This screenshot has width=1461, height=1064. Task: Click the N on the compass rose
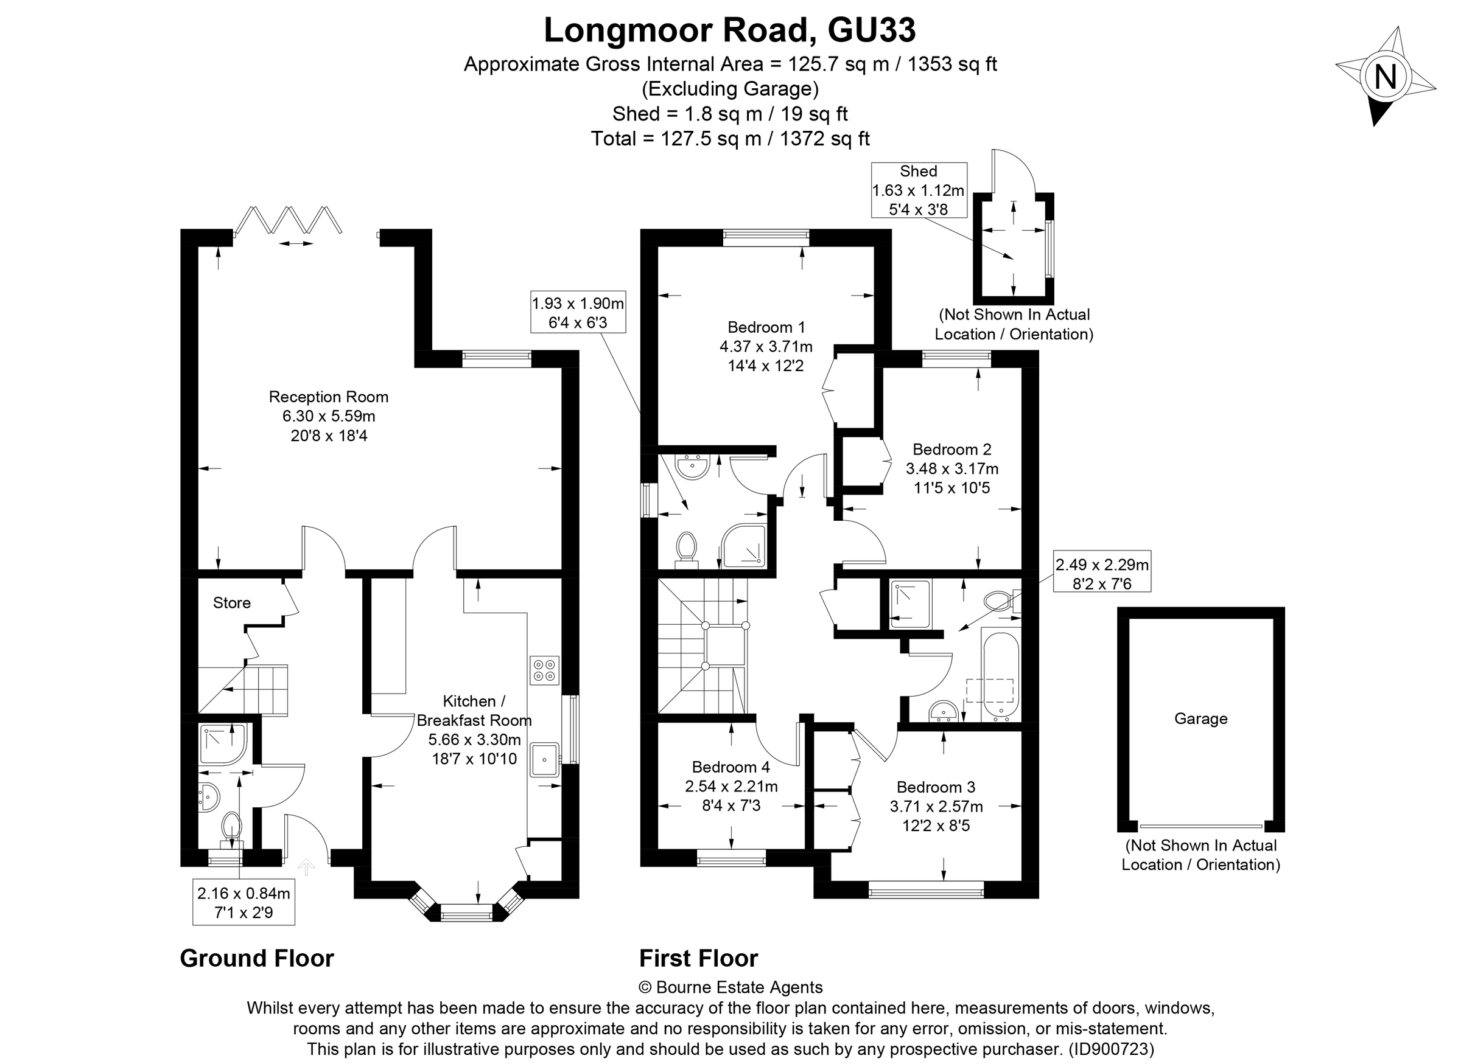point(1385,77)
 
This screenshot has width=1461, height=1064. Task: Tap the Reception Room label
point(328,397)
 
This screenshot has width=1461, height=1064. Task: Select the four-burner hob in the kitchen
point(544,670)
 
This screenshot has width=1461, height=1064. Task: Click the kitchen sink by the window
point(545,759)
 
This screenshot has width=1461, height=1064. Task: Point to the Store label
point(231,603)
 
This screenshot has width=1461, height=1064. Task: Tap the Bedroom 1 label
point(766,327)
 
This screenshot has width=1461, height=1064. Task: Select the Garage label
point(1200,719)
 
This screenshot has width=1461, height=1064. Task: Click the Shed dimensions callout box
point(919,190)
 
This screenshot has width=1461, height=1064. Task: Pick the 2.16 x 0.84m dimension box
point(243,902)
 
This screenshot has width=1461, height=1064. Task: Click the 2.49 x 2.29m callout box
point(1101,574)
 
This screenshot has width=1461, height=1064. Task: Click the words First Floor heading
point(698,958)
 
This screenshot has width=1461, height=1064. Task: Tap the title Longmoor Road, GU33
point(729,30)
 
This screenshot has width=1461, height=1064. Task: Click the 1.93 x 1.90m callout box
point(578,312)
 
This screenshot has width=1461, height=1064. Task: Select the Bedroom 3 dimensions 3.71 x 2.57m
point(936,807)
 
